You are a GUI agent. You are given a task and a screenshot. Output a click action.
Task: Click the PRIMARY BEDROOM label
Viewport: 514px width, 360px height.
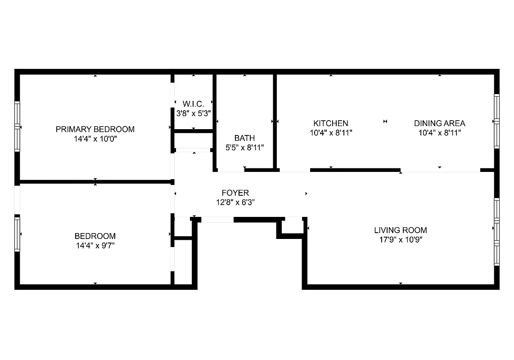pyautogui.click(x=95, y=129)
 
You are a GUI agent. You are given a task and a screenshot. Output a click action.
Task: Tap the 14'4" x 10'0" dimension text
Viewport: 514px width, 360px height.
pyautogui.click(x=95, y=139)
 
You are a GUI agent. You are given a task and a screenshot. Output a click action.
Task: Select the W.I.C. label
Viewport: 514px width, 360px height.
pyautogui.click(x=194, y=104)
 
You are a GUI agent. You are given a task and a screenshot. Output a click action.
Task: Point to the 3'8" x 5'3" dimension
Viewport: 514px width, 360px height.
pyautogui.click(x=194, y=113)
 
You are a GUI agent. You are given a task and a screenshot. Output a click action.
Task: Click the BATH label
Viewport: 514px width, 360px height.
pyautogui.click(x=244, y=138)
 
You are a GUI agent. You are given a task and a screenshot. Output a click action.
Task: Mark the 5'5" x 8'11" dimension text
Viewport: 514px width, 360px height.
pyautogui.click(x=244, y=147)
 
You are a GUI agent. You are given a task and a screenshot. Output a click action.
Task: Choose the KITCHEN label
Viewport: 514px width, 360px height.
pyautogui.click(x=331, y=123)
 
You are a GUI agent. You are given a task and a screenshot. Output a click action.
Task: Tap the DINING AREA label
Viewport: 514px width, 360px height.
pyautogui.click(x=440, y=123)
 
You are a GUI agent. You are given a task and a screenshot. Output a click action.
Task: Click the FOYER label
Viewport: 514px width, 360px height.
pyautogui.click(x=235, y=193)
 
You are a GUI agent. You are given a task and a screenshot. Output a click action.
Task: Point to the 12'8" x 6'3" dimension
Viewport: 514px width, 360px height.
pyautogui.click(x=235, y=202)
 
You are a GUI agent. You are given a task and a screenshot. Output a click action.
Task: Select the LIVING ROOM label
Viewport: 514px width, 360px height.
pyautogui.click(x=401, y=230)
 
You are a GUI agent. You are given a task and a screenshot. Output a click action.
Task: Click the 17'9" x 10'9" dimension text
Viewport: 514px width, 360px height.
pyautogui.click(x=401, y=239)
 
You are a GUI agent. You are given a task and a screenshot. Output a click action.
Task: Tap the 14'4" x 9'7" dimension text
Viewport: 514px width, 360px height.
pyautogui.click(x=95, y=246)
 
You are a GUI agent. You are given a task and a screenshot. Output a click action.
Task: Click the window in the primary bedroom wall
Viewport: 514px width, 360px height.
pyautogui.click(x=18, y=126)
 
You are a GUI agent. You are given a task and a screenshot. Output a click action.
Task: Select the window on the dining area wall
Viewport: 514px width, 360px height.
pyautogui.click(x=496, y=121)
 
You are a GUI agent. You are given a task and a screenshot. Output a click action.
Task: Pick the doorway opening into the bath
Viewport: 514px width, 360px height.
pyautogui.click(x=231, y=170)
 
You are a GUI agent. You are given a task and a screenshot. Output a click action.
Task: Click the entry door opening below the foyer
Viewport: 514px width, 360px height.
pyautogui.click(x=217, y=220)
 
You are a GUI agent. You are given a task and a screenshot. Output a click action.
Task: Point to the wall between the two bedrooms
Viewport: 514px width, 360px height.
pyautogui.click(x=95, y=182)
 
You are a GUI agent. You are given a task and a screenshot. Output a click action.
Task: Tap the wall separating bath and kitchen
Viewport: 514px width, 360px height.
pyautogui.click(x=275, y=121)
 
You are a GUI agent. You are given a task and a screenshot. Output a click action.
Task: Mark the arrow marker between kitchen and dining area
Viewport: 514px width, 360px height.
pyautogui.click(x=385, y=121)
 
